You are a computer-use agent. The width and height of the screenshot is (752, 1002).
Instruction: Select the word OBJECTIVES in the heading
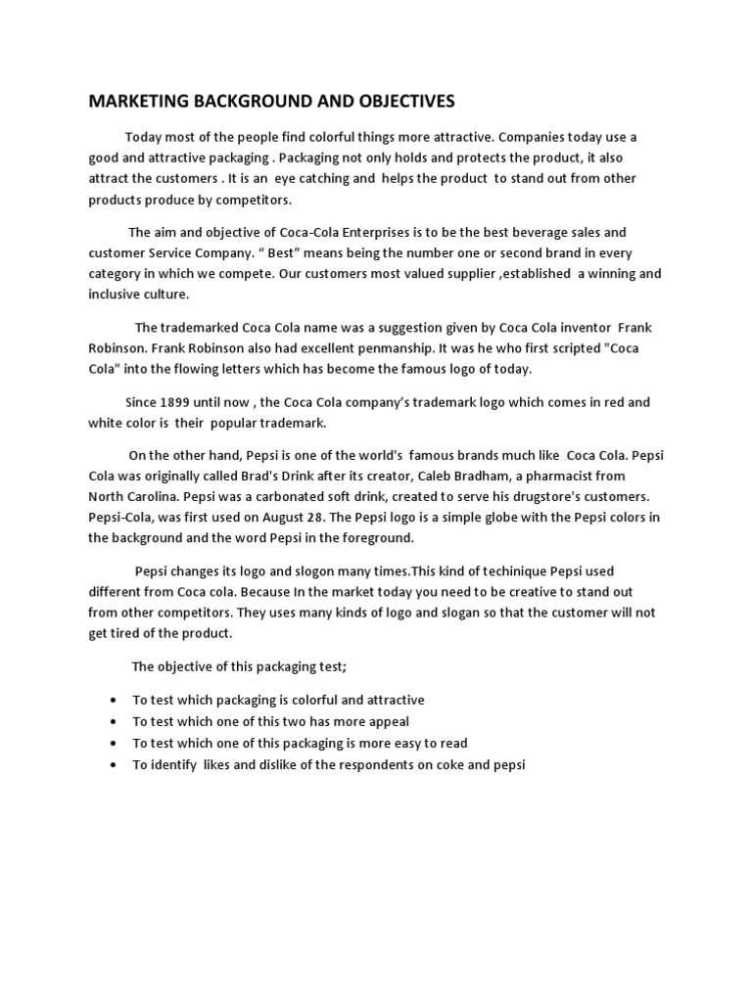click(x=398, y=101)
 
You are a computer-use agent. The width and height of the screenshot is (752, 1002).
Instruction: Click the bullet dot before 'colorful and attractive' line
click(x=116, y=701)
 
